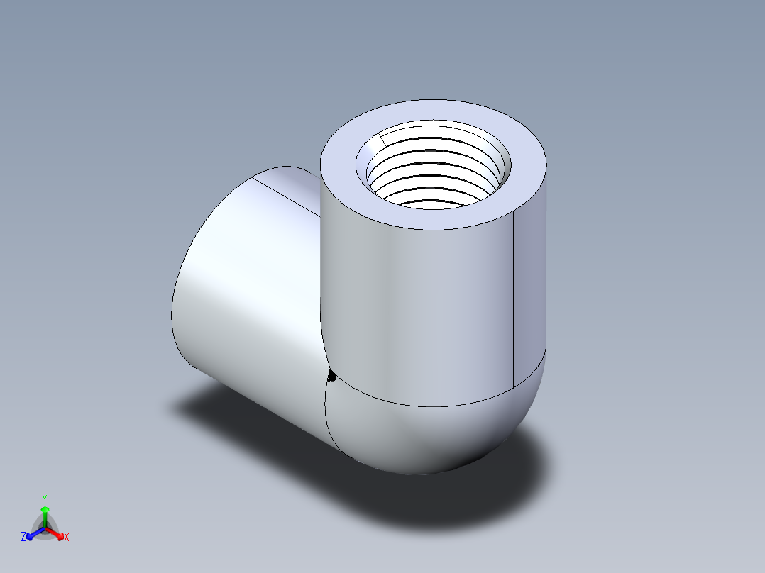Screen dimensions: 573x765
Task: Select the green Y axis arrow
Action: click(45, 512)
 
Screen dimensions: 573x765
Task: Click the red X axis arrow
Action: click(57, 533)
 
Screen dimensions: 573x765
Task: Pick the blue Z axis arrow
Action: click(33, 533)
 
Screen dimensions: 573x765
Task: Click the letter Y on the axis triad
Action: click(45, 498)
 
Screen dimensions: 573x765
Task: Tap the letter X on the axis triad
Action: click(67, 538)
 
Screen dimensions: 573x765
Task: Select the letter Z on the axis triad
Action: click(23, 538)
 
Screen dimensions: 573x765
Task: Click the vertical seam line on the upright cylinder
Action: click(512, 298)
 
